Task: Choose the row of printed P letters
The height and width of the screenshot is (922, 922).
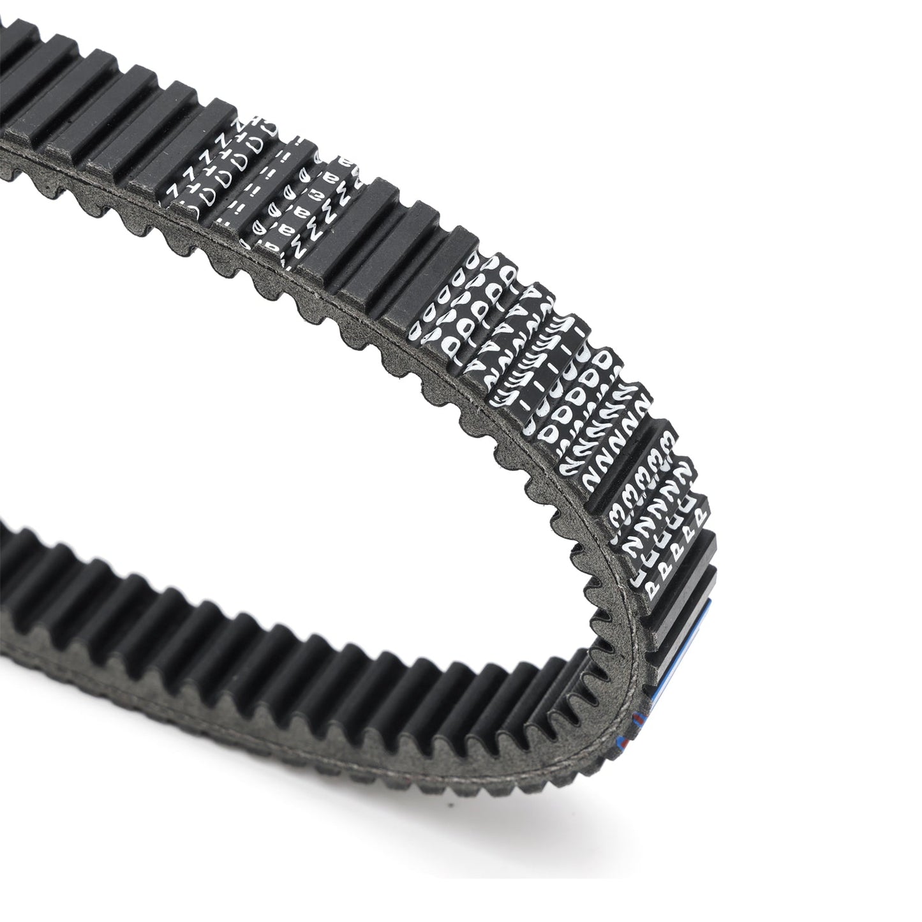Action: (676, 542)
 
